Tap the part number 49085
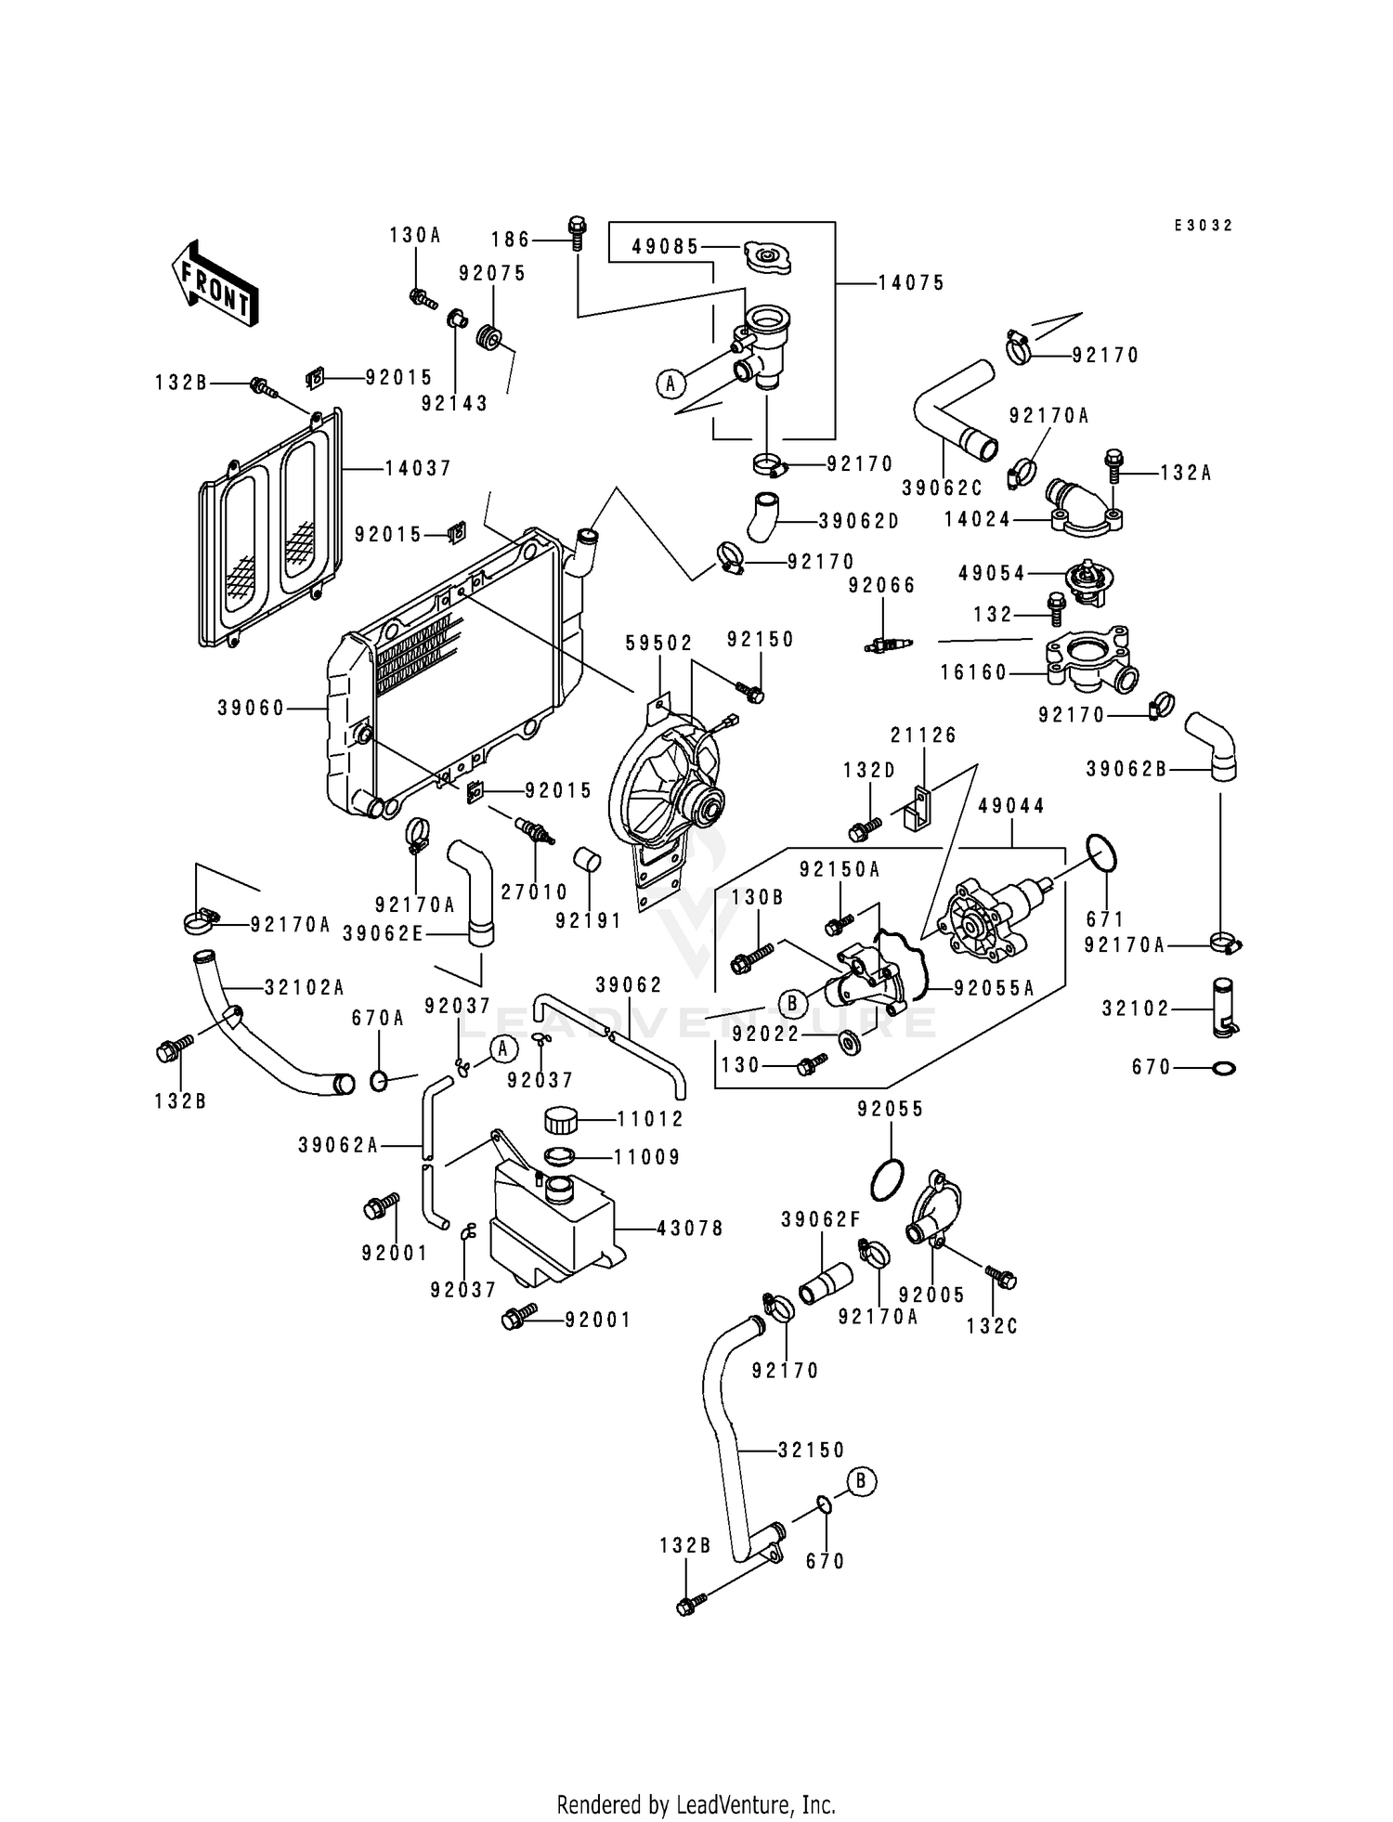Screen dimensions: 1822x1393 coord(665,247)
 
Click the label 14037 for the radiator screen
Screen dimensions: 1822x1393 coord(418,469)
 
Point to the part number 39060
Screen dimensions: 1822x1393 coord(251,709)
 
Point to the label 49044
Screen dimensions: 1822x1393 coord(1010,806)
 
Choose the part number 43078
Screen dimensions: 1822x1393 coord(690,1228)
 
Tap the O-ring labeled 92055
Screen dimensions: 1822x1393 coord(887,1179)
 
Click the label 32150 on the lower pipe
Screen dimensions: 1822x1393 coord(812,1450)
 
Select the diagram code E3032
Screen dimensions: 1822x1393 coord(1203,226)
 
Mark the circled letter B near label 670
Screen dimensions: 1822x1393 coord(861,1481)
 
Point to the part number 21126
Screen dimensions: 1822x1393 coord(923,735)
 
